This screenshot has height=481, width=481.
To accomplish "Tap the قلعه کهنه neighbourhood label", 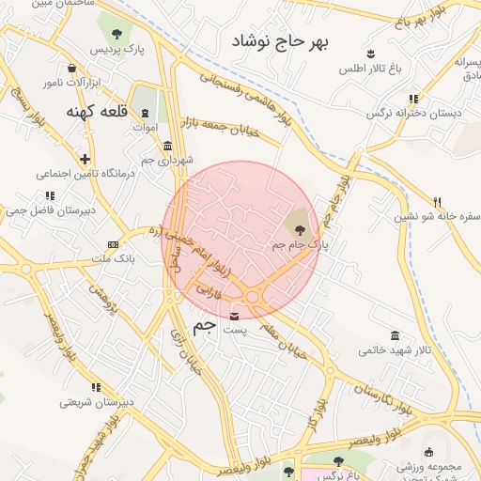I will click(x=97, y=111).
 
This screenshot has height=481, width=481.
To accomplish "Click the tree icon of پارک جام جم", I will click(x=299, y=228).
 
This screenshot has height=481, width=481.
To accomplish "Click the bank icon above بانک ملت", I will click(x=114, y=243).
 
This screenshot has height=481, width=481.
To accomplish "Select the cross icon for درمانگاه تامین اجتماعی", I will click(x=85, y=159).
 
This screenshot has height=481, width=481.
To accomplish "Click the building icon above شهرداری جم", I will click(x=167, y=146).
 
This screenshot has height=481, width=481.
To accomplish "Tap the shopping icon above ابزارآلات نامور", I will click(x=72, y=68).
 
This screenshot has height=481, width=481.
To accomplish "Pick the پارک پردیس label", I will click(x=117, y=49).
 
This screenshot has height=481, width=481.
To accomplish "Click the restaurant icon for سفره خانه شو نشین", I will click(x=437, y=202).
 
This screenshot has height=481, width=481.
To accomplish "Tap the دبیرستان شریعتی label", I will click(x=90, y=402).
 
